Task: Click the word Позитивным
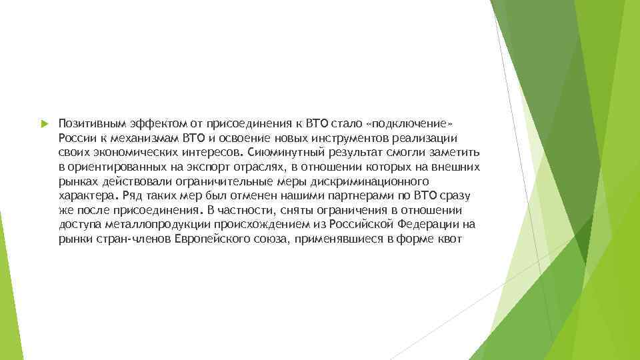(87, 124)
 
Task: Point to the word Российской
(357, 224)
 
